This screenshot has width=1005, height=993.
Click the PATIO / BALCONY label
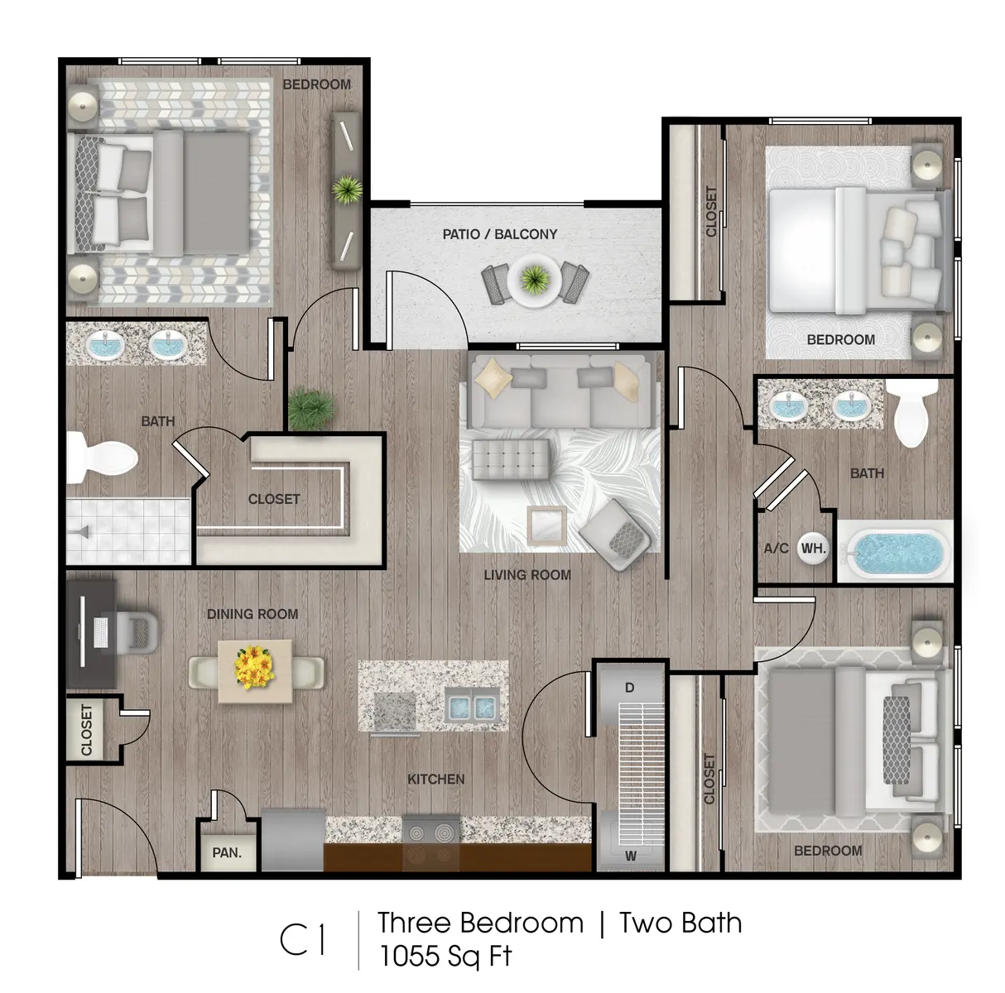(x=499, y=234)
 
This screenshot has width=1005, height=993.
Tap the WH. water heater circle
(x=813, y=548)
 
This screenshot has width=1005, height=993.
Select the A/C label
(x=776, y=548)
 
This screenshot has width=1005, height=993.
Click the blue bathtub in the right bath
(x=897, y=552)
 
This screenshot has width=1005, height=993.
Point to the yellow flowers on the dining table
(x=254, y=669)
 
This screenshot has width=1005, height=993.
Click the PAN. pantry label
(x=226, y=852)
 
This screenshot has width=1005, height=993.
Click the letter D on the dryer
(x=629, y=688)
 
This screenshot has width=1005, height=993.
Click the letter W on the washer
(x=630, y=856)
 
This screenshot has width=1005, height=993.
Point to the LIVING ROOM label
(x=527, y=574)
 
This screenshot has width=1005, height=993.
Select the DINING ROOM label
(x=252, y=614)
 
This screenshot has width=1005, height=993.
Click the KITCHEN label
(x=435, y=779)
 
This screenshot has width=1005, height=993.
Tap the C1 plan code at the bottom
(x=302, y=940)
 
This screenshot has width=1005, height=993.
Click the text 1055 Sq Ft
(x=445, y=956)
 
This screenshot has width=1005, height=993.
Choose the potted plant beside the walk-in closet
(x=311, y=407)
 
